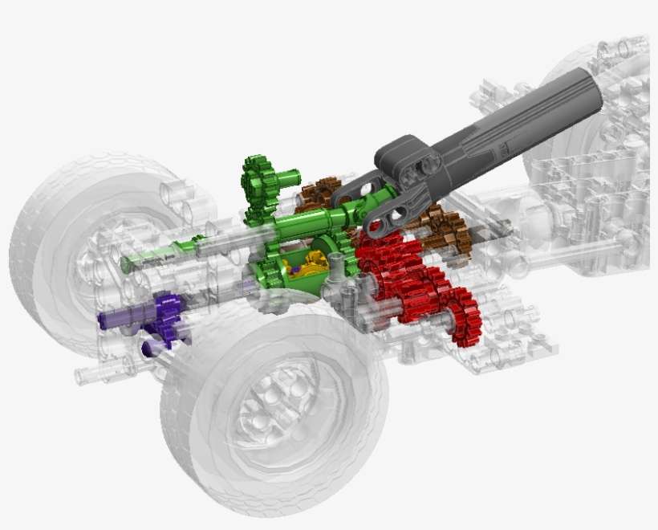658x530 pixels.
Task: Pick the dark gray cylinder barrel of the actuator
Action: pyautogui.click(x=514, y=120)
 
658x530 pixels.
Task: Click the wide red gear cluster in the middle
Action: pyautogui.click(x=397, y=281)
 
